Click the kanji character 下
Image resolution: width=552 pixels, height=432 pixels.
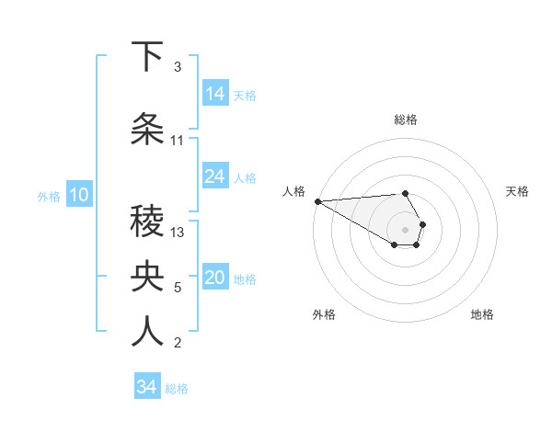point(148,58)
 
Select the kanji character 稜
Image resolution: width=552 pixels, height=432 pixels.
point(148,222)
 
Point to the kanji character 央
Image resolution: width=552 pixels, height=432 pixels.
point(148,277)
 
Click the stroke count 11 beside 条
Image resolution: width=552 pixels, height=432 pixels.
point(178,141)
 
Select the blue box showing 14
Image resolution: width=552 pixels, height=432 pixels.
point(215,94)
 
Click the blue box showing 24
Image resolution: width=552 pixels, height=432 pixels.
point(215,176)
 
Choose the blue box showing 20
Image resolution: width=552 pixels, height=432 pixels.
point(215,278)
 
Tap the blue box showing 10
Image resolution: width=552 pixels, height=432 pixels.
point(79,195)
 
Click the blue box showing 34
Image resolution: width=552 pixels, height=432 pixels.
point(147,387)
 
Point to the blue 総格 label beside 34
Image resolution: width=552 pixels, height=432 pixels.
point(177,389)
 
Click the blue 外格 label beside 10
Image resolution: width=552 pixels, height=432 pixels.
point(49,196)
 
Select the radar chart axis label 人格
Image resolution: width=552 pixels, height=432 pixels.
point(294,191)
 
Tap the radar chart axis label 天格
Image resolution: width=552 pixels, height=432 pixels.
point(518,191)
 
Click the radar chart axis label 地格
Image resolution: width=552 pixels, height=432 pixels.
point(482,314)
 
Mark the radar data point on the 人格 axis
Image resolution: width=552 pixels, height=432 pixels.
point(317,200)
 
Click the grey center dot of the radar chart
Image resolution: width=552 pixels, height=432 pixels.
point(406,229)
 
